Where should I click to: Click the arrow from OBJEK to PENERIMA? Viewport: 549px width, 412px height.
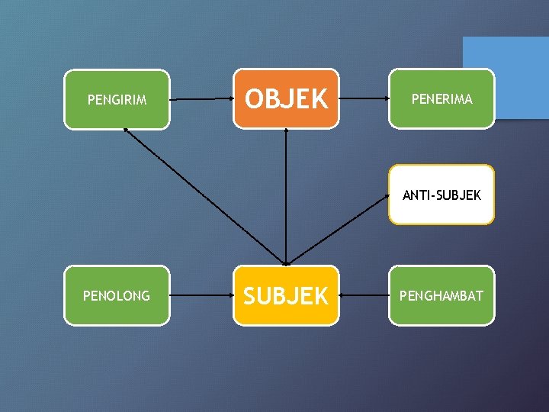364,99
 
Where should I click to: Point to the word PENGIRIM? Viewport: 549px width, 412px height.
117,100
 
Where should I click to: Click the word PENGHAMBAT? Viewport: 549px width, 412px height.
442,296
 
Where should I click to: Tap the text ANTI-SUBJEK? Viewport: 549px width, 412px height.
441,195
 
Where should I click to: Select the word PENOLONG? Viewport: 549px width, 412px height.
117,296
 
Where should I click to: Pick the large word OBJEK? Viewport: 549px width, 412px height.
286,98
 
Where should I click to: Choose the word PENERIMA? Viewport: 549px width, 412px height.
442,99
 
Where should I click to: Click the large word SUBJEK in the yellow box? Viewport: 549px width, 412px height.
286,295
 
